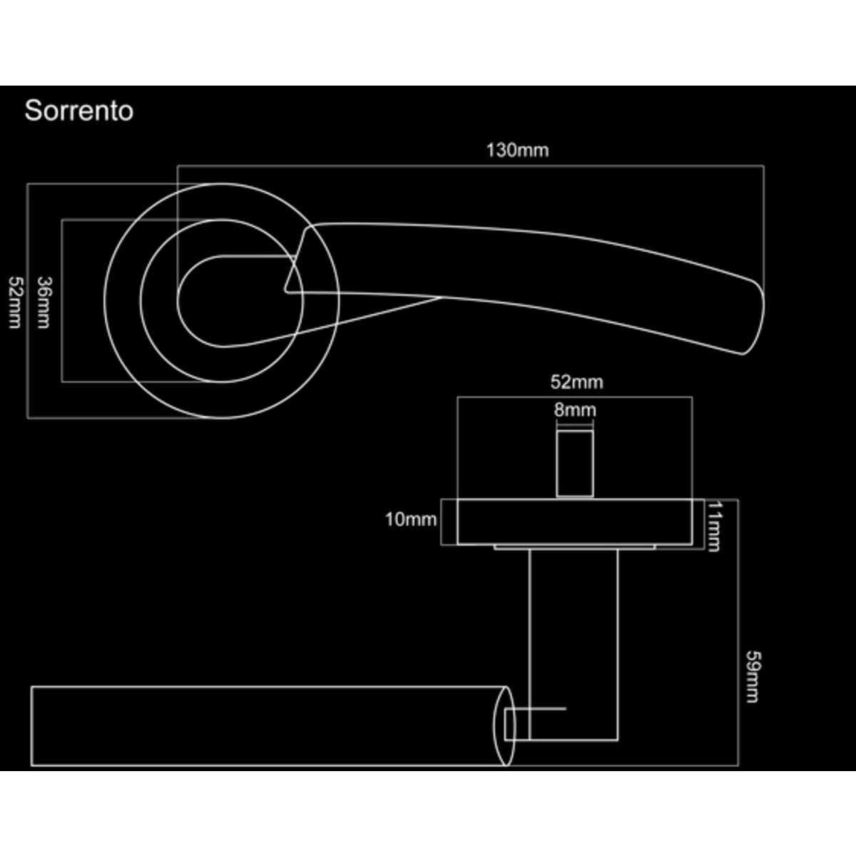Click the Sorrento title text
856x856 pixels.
78,111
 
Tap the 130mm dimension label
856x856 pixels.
517,151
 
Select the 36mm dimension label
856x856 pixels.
44,302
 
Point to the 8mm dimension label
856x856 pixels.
574,410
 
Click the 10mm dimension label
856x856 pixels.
411,519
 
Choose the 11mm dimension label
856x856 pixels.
713,526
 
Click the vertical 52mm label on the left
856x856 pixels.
15,302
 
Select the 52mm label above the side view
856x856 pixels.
576,382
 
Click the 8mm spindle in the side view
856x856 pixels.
575,463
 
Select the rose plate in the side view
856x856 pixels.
574,522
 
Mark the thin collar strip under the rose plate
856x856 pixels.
574,547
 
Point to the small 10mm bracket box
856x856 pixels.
449,522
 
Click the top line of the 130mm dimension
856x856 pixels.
470,166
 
